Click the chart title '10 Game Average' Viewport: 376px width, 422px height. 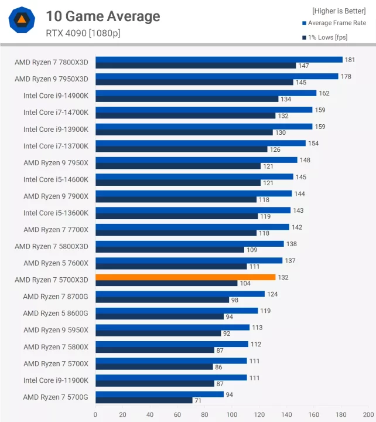pyautogui.click(x=102, y=16)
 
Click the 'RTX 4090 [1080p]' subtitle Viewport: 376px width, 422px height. pyautogui.click(x=83, y=33)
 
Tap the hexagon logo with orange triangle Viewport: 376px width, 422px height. pyautogui.click(x=22, y=21)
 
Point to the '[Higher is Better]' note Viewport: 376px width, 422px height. pyautogui.click(x=339, y=11)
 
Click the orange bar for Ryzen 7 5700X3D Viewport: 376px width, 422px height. pyautogui.click(x=185, y=277)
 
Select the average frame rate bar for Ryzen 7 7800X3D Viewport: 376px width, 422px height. pyautogui.click(x=218, y=59)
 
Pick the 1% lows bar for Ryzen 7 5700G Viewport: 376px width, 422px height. pyautogui.click(x=143, y=400)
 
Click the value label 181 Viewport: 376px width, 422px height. pyautogui.click(x=350, y=59)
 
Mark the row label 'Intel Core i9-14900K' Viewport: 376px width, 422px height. pyautogui.click(x=56, y=96)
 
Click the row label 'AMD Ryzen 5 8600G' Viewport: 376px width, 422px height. pyautogui.click(x=56, y=314)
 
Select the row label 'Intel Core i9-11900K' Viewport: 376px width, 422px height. pyautogui.click(x=56, y=380)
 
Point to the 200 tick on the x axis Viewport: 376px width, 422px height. pyautogui.click(x=368, y=414)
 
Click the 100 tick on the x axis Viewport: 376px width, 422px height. pyautogui.click(x=232, y=414)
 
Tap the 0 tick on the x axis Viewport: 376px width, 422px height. pyautogui.click(x=95, y=414)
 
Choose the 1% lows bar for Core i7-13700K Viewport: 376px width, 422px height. pyautogui.click(x=181, y=149)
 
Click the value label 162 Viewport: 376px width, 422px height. pyautogui.click(x=324, y=93)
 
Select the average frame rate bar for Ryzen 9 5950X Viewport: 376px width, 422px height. pyautogui.click(x=172, y=328)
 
